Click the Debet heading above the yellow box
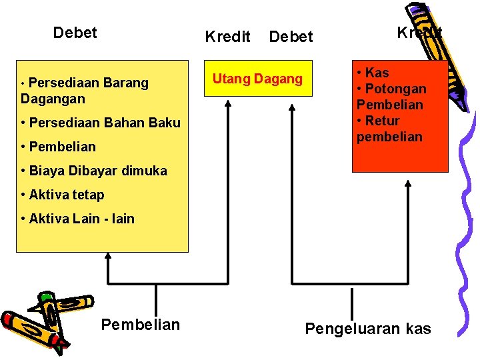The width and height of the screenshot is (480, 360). (x=75, y=33)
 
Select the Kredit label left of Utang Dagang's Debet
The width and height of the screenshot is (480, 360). (x=227, y=37)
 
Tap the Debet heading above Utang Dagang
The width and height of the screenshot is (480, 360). (x=291, y=37)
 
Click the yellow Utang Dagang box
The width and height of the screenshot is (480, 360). (x=257, y=79)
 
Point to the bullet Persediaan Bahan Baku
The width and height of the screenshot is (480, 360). (x=100, y=123)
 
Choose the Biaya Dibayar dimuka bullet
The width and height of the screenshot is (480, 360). (x=94, y=171)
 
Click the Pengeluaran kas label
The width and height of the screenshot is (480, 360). (x=368, y=329)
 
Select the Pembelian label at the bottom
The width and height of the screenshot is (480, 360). (x=140, y=325)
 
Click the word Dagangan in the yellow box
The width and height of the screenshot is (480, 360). (x=53, y=99)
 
